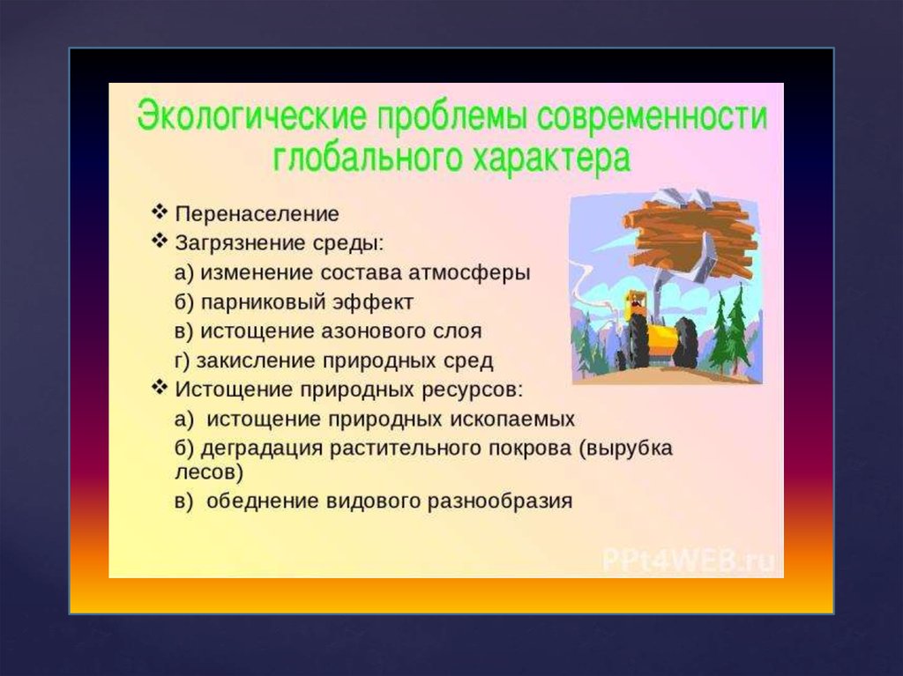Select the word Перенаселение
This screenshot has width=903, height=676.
click(257, 214)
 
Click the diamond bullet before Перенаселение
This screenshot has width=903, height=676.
click(160, 212)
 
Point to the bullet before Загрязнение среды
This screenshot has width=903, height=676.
click(160, 241)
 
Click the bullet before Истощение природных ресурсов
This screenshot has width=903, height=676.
click(160, 387)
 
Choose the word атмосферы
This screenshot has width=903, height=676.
click(469, 273)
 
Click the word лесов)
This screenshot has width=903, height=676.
click(209, 472)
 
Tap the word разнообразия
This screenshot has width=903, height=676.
click(500, 501)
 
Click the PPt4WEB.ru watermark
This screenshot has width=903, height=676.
click(689, 561)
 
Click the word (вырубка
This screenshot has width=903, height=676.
click(626, 449)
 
